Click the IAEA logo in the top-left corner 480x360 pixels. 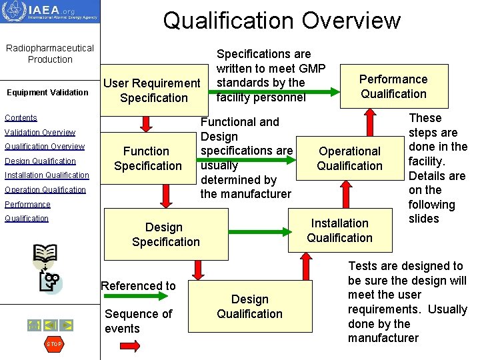click(x=50, y=12)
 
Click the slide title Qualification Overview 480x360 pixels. click(x=281, y=21)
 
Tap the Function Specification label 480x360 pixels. click(x=147, y=159)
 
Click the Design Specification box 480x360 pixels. click(x=165, y=235)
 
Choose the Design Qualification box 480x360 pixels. click(x=249, y=307)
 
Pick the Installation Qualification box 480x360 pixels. click(x=339, y=231)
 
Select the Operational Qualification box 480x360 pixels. click(x=349, y=159)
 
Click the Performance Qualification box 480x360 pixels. click(x=393, y=87)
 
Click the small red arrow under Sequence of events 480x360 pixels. click(x=123, y=346)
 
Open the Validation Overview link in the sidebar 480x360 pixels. click(x=40, y=132)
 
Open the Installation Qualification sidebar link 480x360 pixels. click(x=47, y=175)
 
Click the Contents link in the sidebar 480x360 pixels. click(x=21, y=118)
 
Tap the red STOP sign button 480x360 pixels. click(x=54, y=344)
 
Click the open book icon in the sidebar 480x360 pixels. click(x=45, y=254)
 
